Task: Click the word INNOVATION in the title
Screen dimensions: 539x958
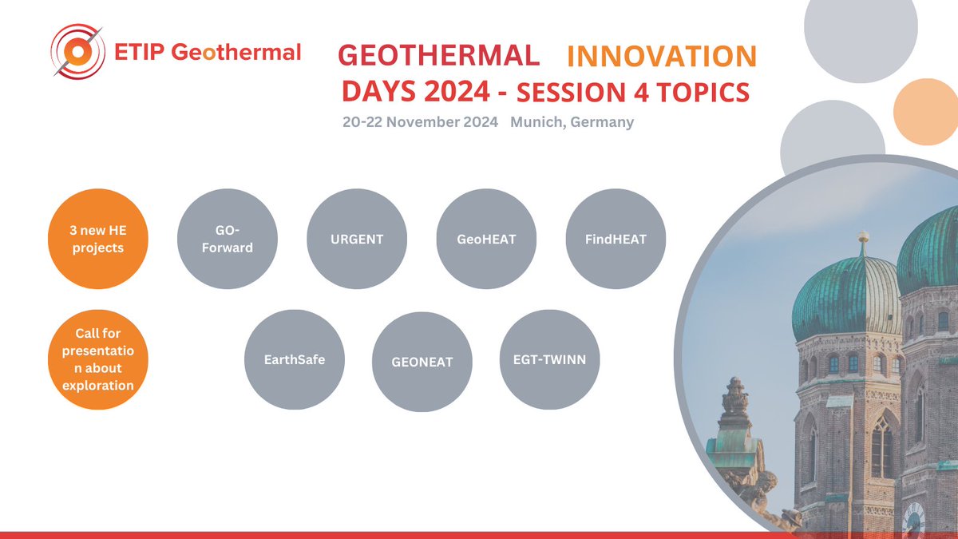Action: [x=661, y=56]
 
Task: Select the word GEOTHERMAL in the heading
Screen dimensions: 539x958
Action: [x=438, y=55]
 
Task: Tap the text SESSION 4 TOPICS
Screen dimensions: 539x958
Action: [x=633, y=93]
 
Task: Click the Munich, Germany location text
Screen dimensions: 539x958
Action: [x=572, y=122]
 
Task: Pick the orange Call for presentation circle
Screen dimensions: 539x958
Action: [x=97, y=359]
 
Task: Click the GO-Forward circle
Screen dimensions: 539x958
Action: [x=228, y=240]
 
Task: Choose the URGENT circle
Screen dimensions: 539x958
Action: [x=357, y=240]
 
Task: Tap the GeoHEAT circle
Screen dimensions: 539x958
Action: [x=486, y=240]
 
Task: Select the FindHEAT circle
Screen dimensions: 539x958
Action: [x=616, y=240]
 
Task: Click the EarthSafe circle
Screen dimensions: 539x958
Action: [x=293, y=359]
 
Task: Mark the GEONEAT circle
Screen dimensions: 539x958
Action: [x=422, y=361]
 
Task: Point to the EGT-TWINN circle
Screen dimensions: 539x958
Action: [x=550, y=359]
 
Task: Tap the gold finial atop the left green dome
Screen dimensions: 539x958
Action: [x=863, y=240]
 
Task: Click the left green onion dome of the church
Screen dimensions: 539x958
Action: [x=846, y=299]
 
